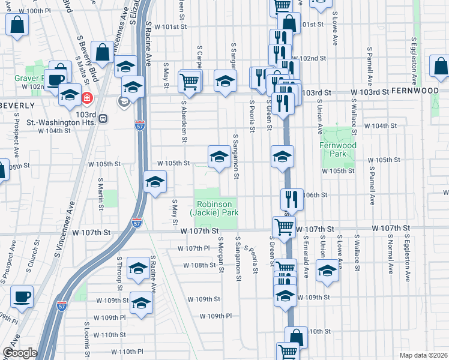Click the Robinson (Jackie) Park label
pyautogui.click(x=214, y=208)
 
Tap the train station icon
pyautogui.click(x=103, y=118)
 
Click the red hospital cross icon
pyautogui.click(x=88, y=97)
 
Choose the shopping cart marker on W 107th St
pyautogui.click(x=284, y=227)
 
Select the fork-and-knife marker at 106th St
pyautogui.click(x=292, y=197)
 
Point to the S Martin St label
pyautogui.click(x=101, y=191)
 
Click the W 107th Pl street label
pyautogui.click(x=192, y=248)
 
